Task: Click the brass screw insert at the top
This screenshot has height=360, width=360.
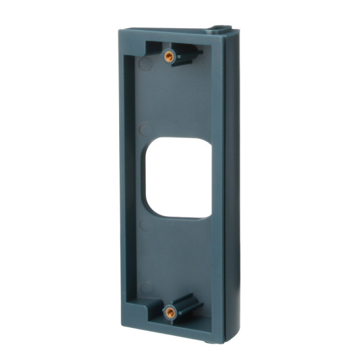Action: [x=170, y=56]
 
